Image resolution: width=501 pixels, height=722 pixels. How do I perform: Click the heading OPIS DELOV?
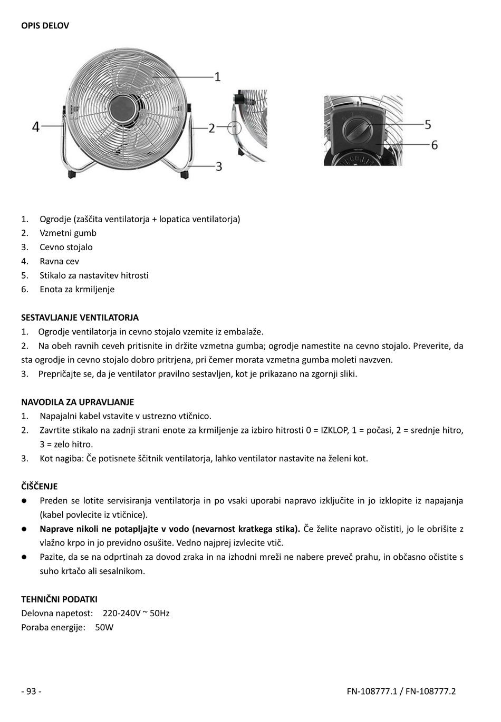(45, 25)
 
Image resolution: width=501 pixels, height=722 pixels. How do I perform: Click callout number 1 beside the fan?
(217, 77)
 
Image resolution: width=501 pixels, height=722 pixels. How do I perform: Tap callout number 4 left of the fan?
(35, 127)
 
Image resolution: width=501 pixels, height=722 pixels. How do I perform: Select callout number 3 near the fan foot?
(218, 166)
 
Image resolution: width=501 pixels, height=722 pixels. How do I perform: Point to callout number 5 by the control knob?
(428, 124)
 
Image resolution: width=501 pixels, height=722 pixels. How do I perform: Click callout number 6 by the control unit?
(434, 144)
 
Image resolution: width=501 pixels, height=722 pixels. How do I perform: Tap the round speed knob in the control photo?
(357, 130)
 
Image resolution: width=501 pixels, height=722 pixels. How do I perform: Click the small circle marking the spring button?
(234, 127)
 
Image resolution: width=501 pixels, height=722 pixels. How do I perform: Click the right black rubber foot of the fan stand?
(185, 173)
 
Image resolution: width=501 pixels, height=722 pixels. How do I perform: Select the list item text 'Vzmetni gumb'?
(68, 233)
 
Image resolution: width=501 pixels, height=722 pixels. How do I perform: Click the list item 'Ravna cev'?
(59, 261)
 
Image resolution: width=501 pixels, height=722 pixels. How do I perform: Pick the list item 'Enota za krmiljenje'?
(77, 289)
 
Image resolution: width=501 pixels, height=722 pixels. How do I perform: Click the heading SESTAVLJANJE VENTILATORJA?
(80, 318)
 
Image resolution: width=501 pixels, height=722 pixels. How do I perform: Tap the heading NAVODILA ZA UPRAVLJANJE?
(78, 402)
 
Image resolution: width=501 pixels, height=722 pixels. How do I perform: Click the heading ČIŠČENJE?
(39, 486)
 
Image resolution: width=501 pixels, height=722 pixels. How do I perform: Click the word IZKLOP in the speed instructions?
(334, 430)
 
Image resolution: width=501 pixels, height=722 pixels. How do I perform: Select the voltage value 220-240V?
(121, 613)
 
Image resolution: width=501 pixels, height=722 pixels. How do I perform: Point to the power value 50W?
(104, 627)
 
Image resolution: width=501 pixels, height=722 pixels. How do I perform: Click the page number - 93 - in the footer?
(31, 691)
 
